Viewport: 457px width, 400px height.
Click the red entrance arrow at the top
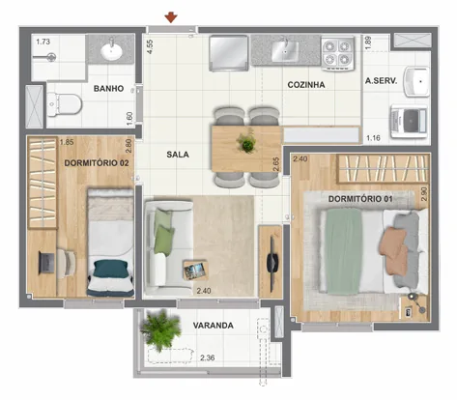[x=171, y=16]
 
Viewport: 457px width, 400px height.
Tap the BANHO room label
[x=112, y=89]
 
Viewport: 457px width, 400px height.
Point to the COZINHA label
[x=306, y=85]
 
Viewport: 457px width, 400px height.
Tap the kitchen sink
[x=287, y=48]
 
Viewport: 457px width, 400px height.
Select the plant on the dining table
[x=246, y=145]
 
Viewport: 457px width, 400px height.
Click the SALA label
[x=177, y=154]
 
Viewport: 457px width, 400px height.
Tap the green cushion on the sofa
[x=163, y=232]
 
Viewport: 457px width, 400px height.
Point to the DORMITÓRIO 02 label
[x=97, y=163]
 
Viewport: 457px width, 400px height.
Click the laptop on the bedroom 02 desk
[x=45, y=261]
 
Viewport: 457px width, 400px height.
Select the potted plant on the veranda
[x=158, y=330]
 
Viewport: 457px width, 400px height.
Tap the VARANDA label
[x=213, y=326]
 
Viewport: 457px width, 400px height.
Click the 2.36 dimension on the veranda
[x=206, y=358]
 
